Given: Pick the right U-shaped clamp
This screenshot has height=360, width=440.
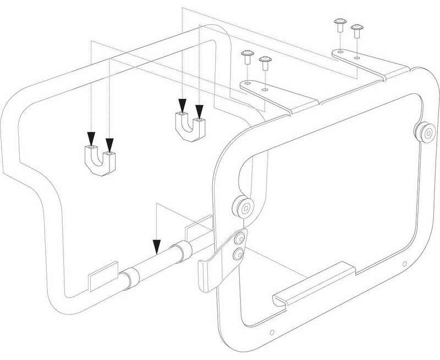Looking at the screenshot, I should click(191, 125).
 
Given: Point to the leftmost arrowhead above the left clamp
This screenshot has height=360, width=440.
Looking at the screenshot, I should click(91, 139).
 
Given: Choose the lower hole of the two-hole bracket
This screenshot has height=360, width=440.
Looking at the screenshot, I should click(239, 253).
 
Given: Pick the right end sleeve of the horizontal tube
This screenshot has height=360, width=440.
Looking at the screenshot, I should click(179, 253).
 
